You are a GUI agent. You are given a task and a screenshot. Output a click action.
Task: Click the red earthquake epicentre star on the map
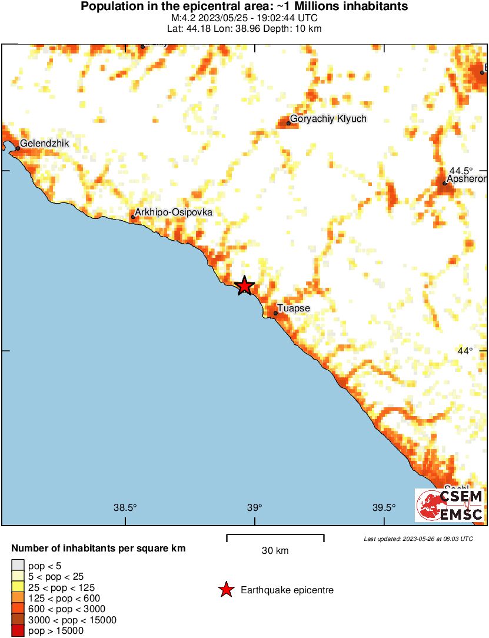click(245, 286)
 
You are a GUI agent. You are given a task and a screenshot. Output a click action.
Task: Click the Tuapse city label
click(294, 308)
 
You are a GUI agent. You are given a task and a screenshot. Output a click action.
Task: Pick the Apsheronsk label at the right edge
click(467, 179)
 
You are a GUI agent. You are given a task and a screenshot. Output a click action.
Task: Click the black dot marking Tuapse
click(275, 313)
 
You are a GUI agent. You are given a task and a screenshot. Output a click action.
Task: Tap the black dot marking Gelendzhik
click(18, 148)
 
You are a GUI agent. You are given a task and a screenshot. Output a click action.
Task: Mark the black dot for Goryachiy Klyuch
click(289, 123)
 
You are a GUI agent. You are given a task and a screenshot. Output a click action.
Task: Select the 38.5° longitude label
click(125, 508)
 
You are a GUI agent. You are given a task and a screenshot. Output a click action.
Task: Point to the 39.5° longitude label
click(384, 508)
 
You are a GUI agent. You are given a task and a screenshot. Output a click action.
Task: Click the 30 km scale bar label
click(275, 551)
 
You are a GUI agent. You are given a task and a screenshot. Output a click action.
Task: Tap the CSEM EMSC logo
click(450, 506)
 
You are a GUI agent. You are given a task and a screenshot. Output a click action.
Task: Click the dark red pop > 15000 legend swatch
click(18, 631)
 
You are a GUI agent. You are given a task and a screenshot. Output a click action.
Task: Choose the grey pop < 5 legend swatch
click(18, 566)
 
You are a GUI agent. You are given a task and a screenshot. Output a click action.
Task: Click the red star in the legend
click(226, 590)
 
